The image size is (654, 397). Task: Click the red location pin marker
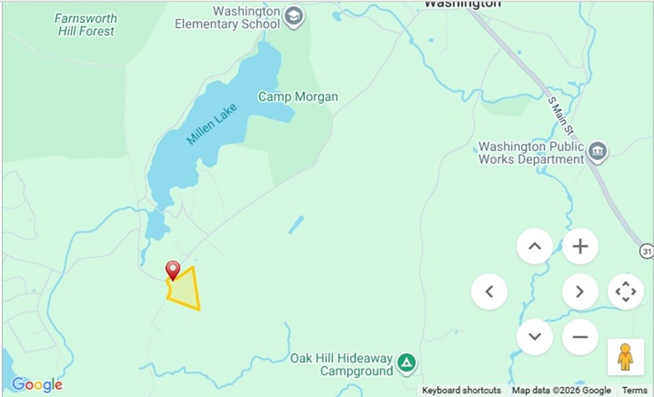click(x=173, y=269)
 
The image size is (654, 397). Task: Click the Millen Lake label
click(x=211, y=124)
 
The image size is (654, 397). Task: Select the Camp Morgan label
click(x=298, y=97)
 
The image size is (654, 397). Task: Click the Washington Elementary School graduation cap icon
click(x=293, y=17)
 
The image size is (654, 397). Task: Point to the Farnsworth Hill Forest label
click(x=86, y=25)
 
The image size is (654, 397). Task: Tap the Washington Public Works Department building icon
click(x=597, y=151)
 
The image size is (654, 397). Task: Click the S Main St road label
click(x=560, y=116)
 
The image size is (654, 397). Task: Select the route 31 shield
click(x=647, y=251)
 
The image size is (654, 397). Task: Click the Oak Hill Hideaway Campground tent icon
click(x=406, y=362)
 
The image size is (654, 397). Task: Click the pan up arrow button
click(x=535, y=246)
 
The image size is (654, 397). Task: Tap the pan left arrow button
click(x=489, y=292)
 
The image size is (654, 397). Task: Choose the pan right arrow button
click(x=580, y=292)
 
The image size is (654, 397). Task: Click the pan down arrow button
click(x=535, y=337)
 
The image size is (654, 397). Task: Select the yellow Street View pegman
click(x=625, y=357)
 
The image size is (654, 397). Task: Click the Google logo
click(x=37, y=384)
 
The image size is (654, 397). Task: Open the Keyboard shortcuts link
click(x=461, y=390)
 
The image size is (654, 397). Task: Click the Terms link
click(x=634, y=390)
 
